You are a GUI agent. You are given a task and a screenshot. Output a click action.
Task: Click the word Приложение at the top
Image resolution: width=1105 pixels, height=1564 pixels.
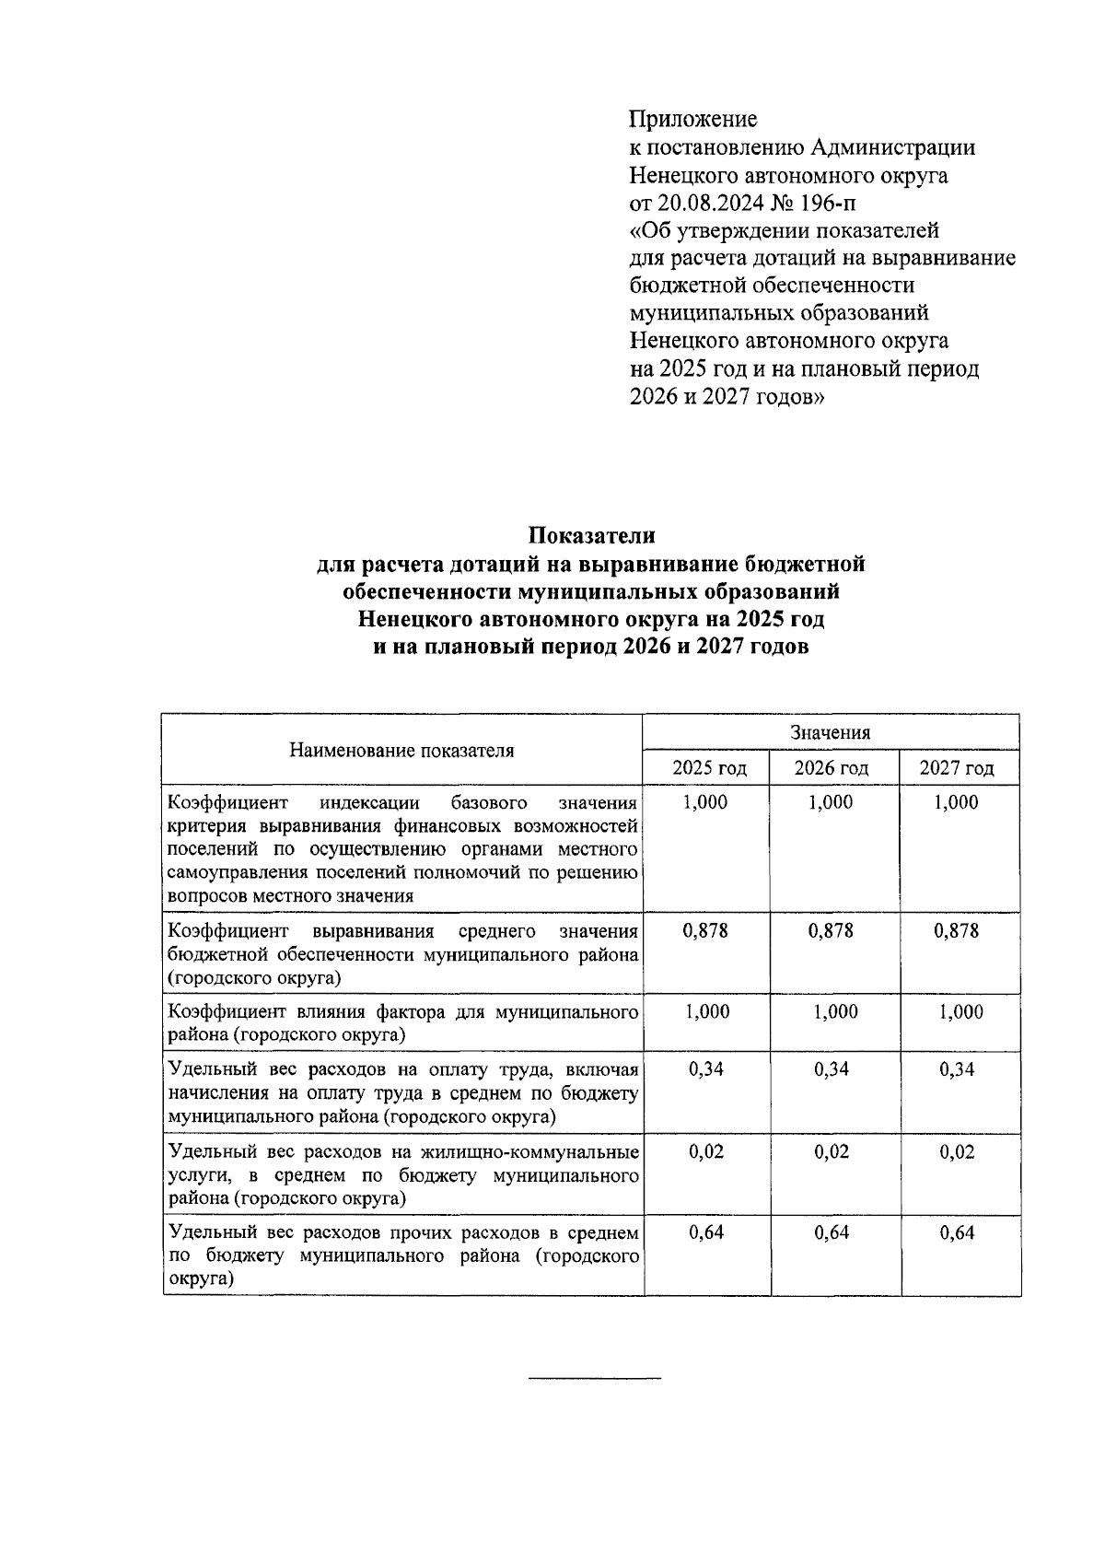(692, 120)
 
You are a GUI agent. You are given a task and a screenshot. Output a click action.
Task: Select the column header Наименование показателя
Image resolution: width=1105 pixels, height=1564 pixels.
(401, 751)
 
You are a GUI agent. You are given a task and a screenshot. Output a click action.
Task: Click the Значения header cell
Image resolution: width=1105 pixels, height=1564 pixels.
(831, 733)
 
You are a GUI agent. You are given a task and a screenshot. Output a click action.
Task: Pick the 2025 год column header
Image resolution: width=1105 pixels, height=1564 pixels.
(706, 768)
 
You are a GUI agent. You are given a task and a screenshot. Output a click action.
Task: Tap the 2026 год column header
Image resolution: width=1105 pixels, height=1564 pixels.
(832, 768)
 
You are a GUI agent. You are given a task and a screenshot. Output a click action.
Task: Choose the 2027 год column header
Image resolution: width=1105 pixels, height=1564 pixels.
(957, 768)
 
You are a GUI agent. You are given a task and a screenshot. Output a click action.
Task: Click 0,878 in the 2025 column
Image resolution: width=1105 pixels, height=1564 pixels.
(705, 931)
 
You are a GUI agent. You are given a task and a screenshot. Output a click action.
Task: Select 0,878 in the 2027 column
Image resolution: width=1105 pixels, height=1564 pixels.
(956, 931)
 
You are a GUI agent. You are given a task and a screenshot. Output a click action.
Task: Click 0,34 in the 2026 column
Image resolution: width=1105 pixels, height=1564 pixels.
(832, 1069)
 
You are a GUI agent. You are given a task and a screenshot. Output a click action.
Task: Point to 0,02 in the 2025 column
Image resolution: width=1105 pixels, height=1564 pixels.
(706, 1152)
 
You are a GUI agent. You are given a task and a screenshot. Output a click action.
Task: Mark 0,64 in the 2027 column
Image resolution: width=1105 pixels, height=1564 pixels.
(957, 1233)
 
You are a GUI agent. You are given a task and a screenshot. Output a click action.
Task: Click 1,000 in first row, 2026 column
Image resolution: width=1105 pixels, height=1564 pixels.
(831, 803)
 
